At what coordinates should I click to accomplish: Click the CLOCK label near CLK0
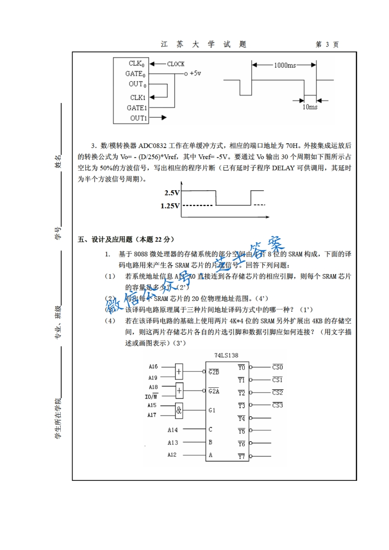(176, 64)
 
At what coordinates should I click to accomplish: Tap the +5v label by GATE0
(195, 73)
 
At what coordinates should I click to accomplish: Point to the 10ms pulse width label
(310, 107)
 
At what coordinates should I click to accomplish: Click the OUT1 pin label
(138, 118)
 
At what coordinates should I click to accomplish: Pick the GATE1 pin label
(137, 107)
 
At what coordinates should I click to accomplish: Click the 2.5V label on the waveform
(172, 193)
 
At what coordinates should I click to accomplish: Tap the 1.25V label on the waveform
(170, 206)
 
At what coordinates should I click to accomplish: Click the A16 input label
(153, 366)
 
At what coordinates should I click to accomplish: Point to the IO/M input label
(152, 396)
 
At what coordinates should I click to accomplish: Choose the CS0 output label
(278, 367)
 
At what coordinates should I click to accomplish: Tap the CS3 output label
(278, 405)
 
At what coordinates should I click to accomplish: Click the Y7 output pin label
(241, 456)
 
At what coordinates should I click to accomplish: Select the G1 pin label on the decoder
(212, 410)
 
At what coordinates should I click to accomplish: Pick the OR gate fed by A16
(179, 372)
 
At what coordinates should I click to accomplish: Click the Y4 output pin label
(241, 418)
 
